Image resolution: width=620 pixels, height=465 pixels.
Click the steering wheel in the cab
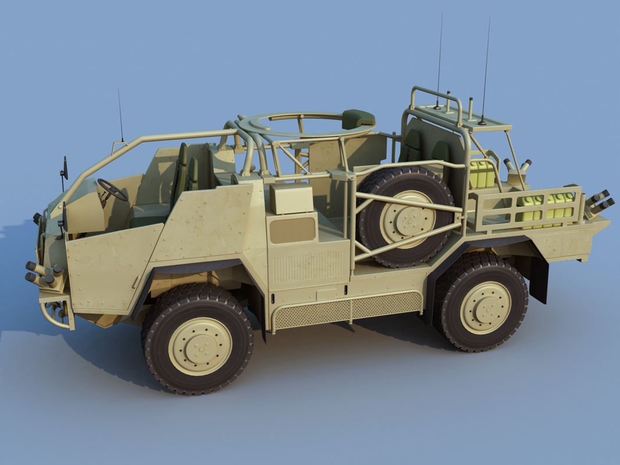coord(112,189)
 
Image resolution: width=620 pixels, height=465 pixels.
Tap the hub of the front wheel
coord(199,346)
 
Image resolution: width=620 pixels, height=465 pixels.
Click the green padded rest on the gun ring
coord(358,118)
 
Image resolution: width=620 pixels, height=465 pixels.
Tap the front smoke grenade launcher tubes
coord(44,274)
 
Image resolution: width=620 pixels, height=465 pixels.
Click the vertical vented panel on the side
coord(308,266)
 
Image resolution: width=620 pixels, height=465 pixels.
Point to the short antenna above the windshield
coord(120,116)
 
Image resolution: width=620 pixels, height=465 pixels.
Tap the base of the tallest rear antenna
coord(482,122)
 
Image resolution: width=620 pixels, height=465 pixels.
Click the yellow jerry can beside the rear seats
coord(482,174)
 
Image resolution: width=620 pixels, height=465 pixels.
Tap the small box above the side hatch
coord(291,199)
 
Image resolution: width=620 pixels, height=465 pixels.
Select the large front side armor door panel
coord(111,267)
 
